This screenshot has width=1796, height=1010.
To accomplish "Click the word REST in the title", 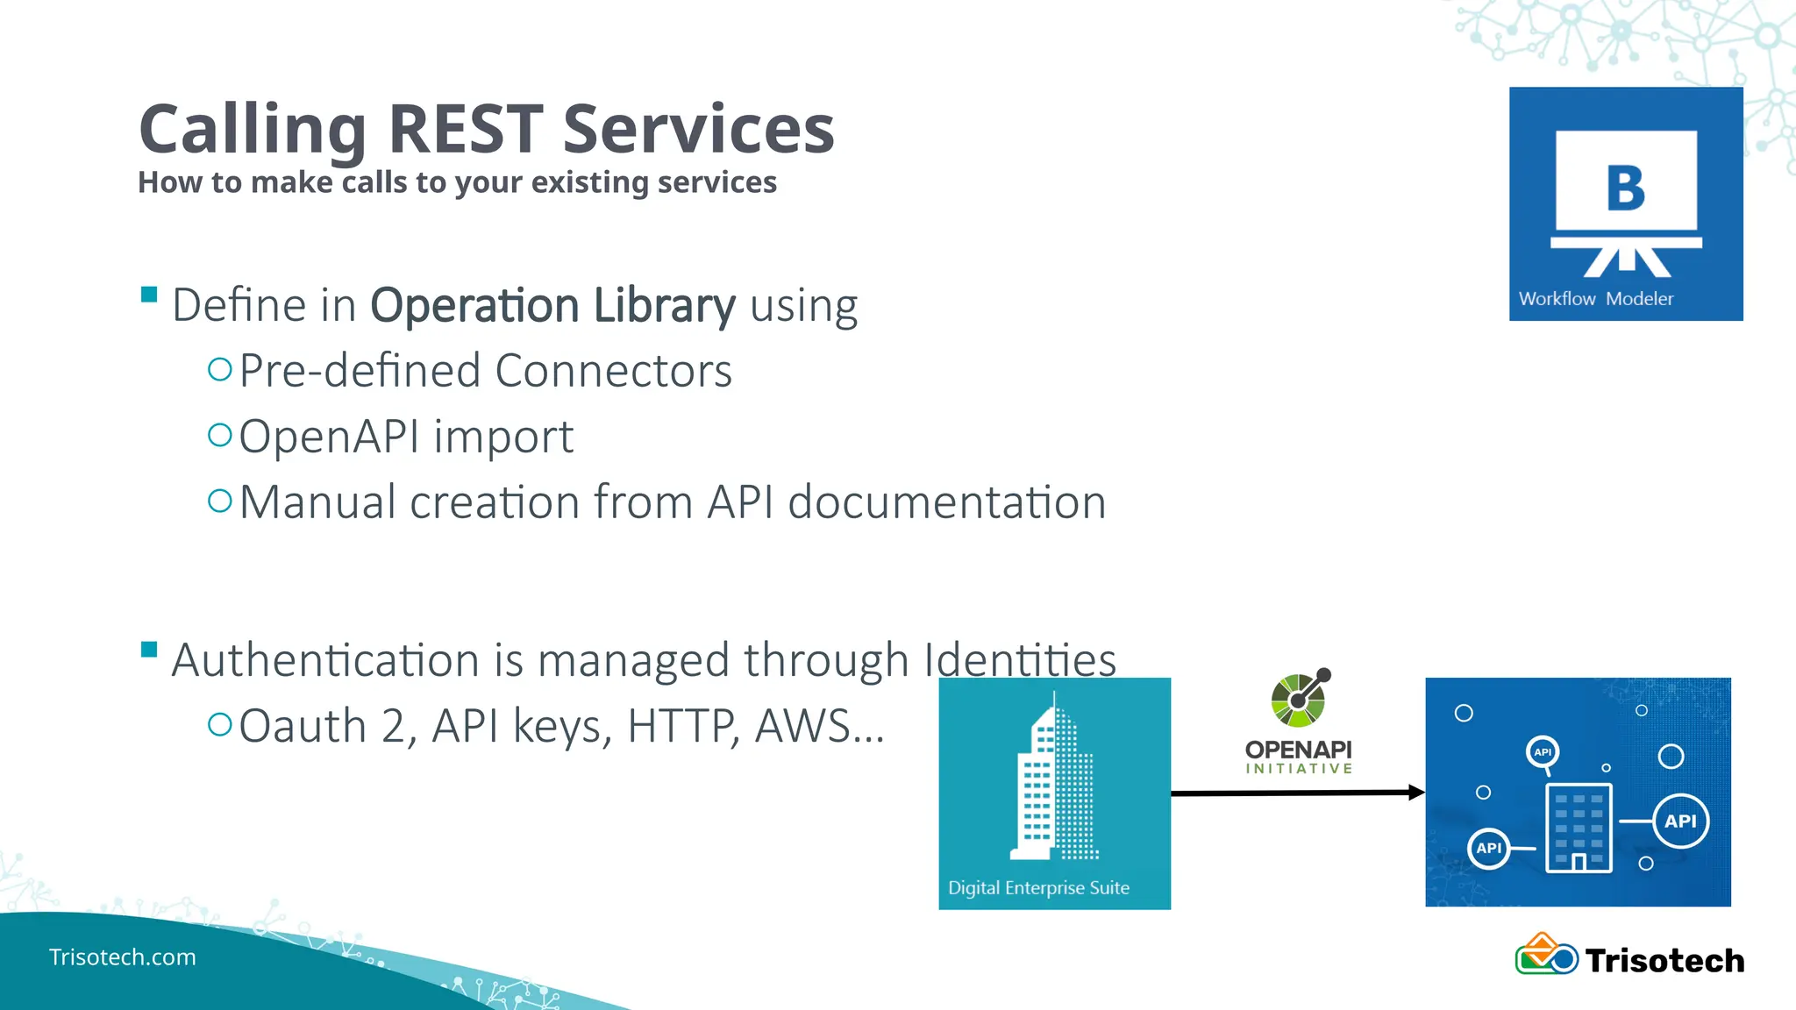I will click(465, 130).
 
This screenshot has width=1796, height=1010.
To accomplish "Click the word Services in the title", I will click(698, 130).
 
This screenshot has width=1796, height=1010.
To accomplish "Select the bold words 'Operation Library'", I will click(552, 305).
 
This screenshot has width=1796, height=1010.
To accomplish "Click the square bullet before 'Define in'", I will click(149, 295).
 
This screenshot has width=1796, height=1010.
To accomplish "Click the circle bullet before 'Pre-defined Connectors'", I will click(219, 369).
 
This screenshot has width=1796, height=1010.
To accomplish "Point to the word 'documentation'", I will click(947, 502).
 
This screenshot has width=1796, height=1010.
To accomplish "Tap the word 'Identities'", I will click(1020, 659).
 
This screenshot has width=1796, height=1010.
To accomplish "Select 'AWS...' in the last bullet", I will click(819, 726).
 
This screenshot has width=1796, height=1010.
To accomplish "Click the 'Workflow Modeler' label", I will click(1595, 299).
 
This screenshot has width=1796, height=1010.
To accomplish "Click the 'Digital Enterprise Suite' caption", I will click(1038, 887).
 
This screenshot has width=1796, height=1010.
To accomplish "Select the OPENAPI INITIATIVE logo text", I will click(1298, 756).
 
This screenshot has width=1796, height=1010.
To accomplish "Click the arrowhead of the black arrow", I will click(1415, 793).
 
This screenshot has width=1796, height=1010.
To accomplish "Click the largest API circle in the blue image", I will click(1680, 822).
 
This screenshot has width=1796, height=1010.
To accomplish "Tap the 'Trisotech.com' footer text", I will click(122, 957).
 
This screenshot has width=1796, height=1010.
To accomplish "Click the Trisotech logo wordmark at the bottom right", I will click(1664, 961).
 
